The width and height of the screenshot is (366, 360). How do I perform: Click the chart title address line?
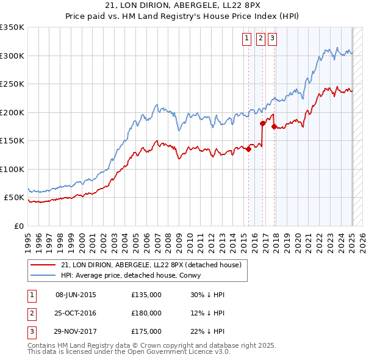coord(183,6)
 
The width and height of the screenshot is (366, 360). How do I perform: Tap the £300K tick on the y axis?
coord(12,56)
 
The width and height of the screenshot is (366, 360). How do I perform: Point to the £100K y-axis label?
coord(12,169)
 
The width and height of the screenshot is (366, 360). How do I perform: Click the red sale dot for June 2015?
coord(249,149)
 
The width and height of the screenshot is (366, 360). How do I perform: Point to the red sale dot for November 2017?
coord(274,127)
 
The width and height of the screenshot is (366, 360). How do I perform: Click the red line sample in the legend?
coord(43,265)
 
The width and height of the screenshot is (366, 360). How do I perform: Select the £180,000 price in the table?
coord(146,313)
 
